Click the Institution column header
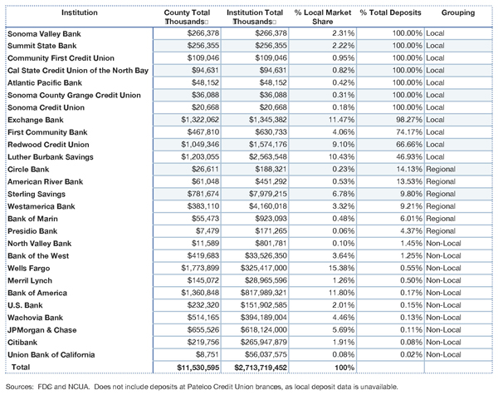coord(80,12)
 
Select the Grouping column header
coord(458,12)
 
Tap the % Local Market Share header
coord(323,17)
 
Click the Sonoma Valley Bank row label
coord(44,34)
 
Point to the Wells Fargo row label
coord(28,269)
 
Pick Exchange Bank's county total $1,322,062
coord(200,120)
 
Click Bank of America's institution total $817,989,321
coord(264,293)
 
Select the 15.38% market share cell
coord(341,268)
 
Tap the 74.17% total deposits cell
coord(409,132)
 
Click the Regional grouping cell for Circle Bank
coord(441,169)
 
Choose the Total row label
coord(21,367)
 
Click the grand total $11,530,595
coord(198,368)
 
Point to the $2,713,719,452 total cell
coord(261,368)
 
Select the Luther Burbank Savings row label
coord(51,157)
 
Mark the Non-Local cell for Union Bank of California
coord(443,354)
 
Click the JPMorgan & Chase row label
coord(42,330)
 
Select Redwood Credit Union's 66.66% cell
coord(409,145)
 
